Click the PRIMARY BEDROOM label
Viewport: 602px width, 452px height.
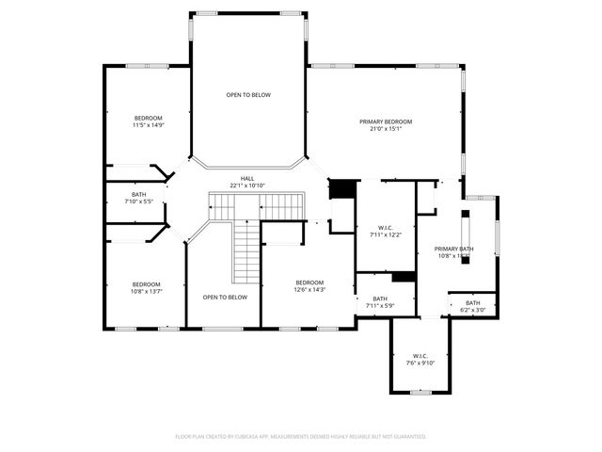coord(386,121)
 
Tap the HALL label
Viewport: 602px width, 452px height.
coord(247,178)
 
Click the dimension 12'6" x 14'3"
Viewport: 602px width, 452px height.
coord(309,290)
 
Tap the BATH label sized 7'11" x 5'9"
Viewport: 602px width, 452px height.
coord(373,299)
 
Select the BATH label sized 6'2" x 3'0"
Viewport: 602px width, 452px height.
coord(472,302)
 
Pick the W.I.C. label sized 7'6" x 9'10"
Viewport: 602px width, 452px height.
coord(420,355)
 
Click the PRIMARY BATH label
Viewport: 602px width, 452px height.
coord(453,249)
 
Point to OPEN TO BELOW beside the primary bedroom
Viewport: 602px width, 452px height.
coord(248,95)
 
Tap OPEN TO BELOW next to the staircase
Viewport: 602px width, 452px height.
coord(225,298)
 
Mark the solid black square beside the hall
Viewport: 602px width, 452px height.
coord(341,188)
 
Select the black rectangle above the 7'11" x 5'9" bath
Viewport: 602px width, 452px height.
coord(404,277)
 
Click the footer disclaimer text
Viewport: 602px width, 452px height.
coord(301,437)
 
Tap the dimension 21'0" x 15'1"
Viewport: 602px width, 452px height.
coord(386,129)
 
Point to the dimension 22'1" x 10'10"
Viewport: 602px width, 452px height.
coord(247,186)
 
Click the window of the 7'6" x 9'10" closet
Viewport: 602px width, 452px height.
coord(420,392)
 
